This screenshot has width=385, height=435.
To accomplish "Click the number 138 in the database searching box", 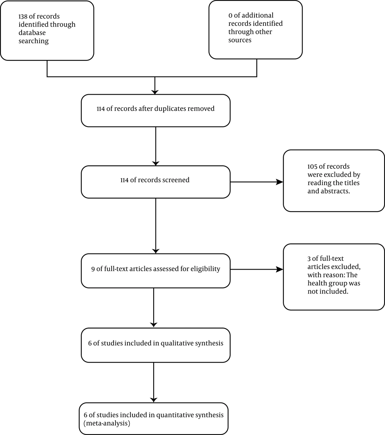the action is pos(23,17).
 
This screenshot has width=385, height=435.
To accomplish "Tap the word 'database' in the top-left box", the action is pos(32,33).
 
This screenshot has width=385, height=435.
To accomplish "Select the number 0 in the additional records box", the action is pos(230,15).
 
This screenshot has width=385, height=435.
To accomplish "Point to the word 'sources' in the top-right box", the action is pos(240,40).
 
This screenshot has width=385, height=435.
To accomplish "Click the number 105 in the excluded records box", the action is pos(312,167).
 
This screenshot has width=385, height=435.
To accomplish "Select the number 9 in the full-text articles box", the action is pos(93,269).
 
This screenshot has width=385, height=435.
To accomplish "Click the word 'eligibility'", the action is pos(205,269).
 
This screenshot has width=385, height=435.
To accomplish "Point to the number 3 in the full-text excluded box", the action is pos(309,258).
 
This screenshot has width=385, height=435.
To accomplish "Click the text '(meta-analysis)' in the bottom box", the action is pos(107,423).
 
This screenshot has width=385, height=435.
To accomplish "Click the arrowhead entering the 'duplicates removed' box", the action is pos(155,92).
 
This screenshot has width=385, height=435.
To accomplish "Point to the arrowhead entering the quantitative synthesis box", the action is pos(154,400).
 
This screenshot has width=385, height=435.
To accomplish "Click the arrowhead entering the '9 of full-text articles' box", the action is pos(156,251).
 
